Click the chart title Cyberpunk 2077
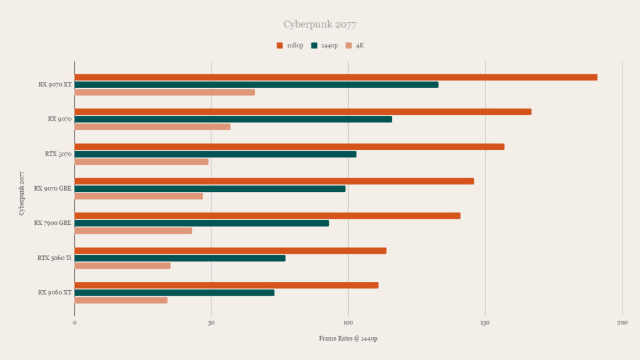click(320, 24)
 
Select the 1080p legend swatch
click(279, 46)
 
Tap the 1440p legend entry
click(324, 46)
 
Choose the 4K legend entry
click(355, 46)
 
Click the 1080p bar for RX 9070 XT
click(336, 77)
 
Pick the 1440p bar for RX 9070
click(233, 119)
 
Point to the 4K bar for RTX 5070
click(141, 162)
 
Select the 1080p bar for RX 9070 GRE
click(274, 181)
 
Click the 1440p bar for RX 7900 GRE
click(202, 223)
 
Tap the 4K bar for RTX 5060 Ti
click(122, 266)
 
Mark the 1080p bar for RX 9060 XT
click(226, 285)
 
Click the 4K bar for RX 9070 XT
click(165, 92)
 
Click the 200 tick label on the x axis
click(622, 322)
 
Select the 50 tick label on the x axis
click(211, 322)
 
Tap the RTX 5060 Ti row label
click(54, 258)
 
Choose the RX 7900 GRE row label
click(52, 223)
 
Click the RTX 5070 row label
click(58, 154)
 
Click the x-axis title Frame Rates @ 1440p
click(348, 338)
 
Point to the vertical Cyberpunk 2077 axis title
click(22, 194)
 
